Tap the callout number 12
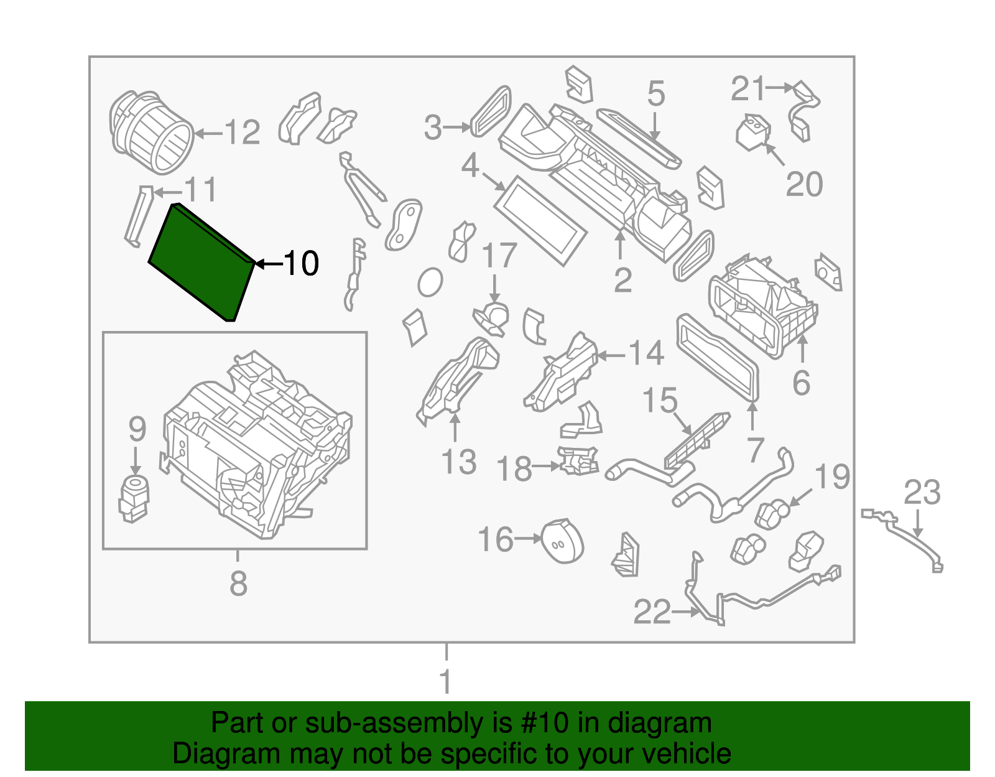[x=242, y=133]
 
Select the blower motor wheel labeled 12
[x=151, y=132]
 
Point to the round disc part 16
[x=562, y=541]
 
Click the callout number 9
[x=137, y=430]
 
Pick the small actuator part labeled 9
[x=134, y=498]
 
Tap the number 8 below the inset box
[x=238, y=584]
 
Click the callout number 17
[x=499, y=256]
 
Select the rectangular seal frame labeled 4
[x=540, y=220]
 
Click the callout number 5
[x=656, y=94]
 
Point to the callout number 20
[x=804, y=184]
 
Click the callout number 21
[x=747, y=89]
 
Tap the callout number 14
[x=647, y=353]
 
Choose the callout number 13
[x=458, y=462]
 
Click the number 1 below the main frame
[x=445, y=681]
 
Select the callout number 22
[x=652, y=612]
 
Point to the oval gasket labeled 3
[x=491, y=112]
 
